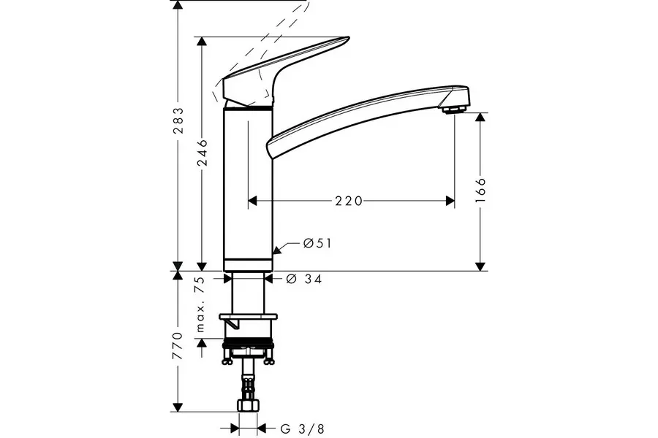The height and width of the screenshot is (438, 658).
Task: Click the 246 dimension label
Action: (x=202, y=153)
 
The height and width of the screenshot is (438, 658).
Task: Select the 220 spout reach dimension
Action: (x=349, y=201)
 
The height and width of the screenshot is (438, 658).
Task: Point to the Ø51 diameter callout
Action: (x=317, y=243)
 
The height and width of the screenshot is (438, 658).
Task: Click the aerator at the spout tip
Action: (x=453, y=109)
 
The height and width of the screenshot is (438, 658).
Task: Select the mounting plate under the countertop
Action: (x=249, y=317)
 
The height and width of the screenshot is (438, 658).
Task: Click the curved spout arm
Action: (x=358, y=117)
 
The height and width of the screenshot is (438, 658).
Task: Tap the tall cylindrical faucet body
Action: (x=248, y=186)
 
